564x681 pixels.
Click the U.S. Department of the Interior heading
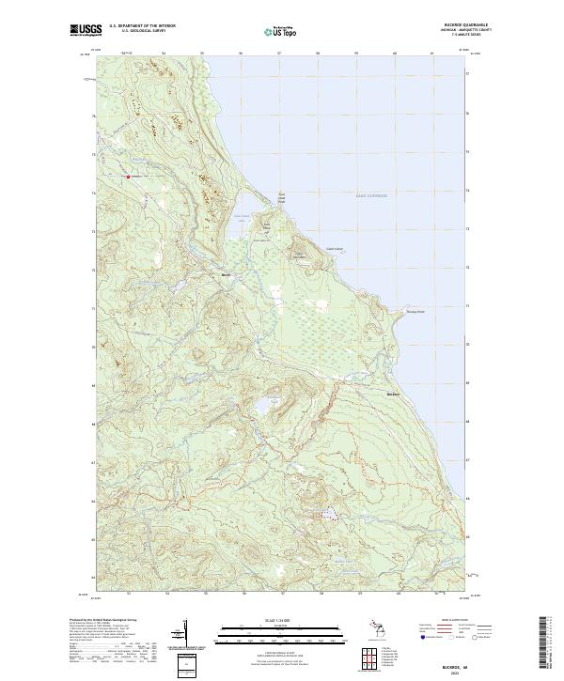click(x=142, y=26)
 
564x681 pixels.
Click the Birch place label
click(x=225, y=275)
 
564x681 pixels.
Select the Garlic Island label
click(x=335, y=248)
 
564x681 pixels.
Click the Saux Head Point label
click(x=279, y=198)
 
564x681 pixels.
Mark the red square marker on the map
click(x=129, y=175)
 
